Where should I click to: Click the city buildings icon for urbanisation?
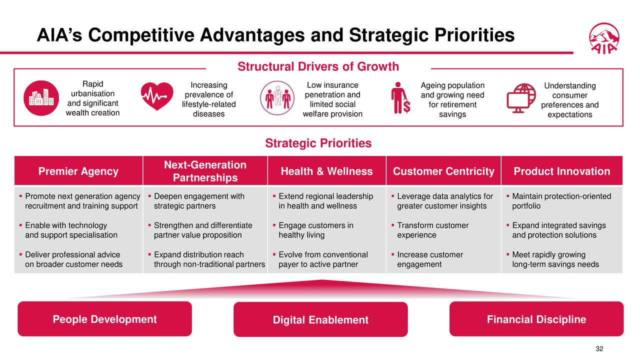[x=40, y=97]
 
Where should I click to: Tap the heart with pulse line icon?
[x=157, y=96]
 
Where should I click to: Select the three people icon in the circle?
[x=277, y=98]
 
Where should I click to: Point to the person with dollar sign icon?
[x=400, y=98]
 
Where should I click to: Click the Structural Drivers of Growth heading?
[x=318, y=67]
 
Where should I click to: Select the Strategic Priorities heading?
[x=318, y=143]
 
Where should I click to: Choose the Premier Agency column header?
[x=78, y=171]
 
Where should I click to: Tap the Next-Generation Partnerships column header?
[x=205, y=171]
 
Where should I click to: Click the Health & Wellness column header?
[x=326, y=171]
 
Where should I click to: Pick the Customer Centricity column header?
[x=443, y=171]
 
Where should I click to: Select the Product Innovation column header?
[x=561, y=171]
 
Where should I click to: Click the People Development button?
[x=104, y=319]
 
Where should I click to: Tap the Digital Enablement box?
[x=320, y=320]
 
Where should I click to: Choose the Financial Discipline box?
[x=536, y=319]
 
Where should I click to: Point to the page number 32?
[x=600, y=349]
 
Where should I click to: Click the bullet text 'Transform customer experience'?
[x=432, y=230]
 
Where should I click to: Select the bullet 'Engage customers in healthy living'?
[x=315, y=230]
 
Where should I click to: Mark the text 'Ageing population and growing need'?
[x=452, y=90]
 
